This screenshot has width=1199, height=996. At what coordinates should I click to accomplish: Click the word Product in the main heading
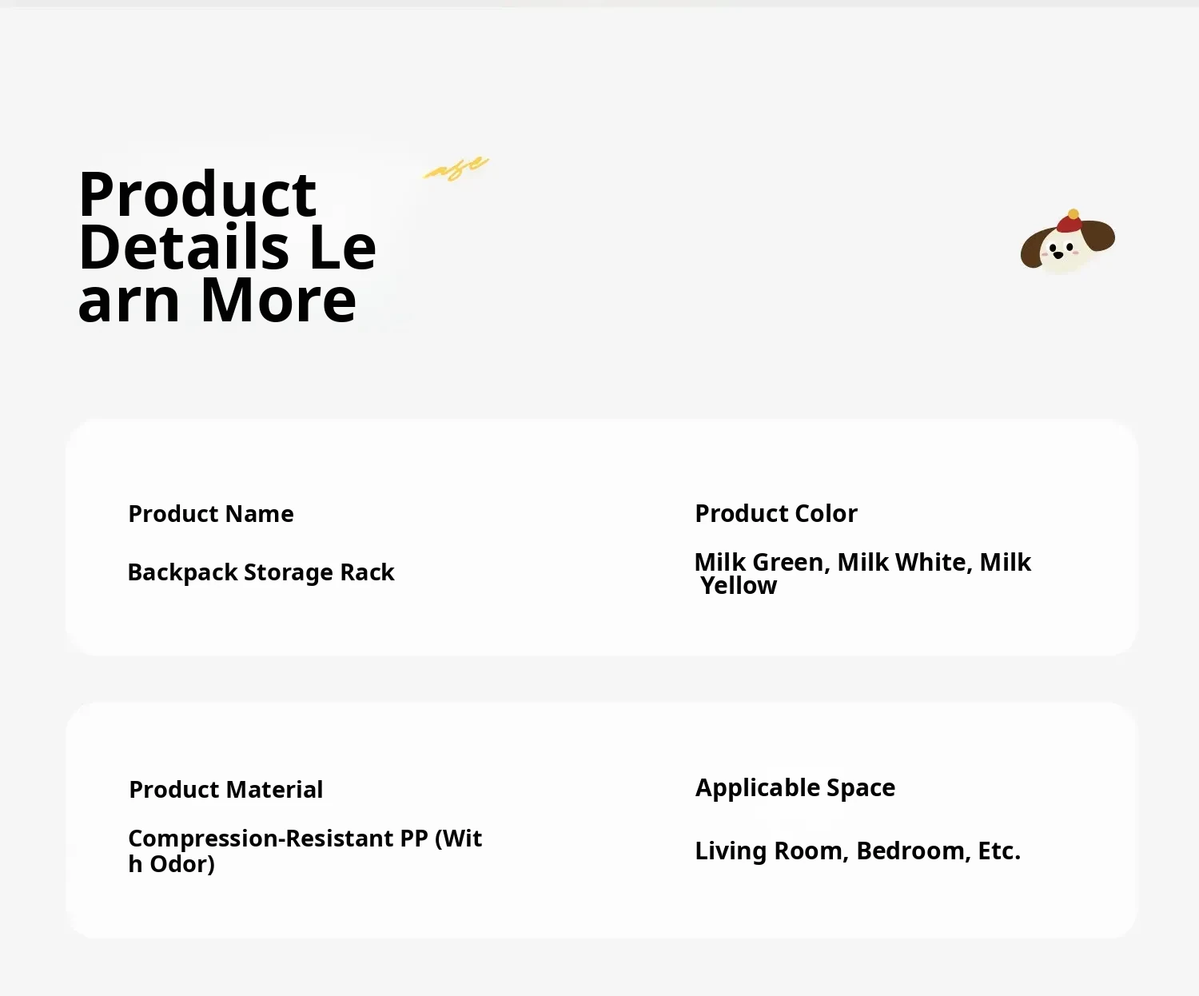coord(197,194)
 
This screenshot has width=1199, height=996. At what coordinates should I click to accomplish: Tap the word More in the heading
coord(278,300)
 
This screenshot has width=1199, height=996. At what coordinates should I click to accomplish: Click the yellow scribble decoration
coord(456,169)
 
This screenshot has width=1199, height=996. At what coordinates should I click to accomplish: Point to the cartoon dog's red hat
coord(1070,221)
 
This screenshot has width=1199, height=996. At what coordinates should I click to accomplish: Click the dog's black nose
coord(1058,254)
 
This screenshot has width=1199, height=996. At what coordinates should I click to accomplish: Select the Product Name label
coord(211,513)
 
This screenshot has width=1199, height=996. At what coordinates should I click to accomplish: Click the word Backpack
coord(182,572)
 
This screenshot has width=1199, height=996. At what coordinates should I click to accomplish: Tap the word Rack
coord(367,572)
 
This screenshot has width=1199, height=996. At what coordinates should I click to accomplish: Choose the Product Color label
coord(776,513)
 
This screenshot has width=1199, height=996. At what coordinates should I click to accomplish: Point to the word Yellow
coord(739,586)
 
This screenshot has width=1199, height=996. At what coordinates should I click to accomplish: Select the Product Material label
coord(225,789)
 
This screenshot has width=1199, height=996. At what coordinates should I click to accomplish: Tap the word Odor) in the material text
coord(182,864)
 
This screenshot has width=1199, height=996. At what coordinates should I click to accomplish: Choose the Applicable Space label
coord(795,787)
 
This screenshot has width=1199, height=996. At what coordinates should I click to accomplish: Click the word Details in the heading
coord(184,247)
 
